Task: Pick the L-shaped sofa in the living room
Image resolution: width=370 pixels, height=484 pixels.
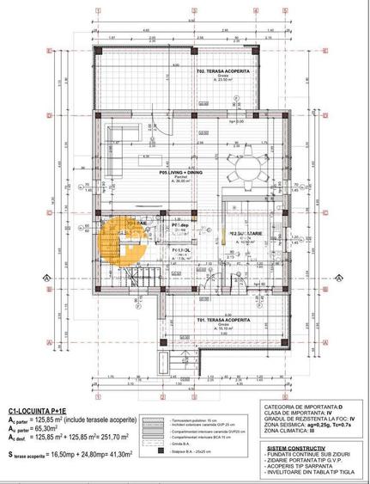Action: pyautogui.click(x=124, y=135)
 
